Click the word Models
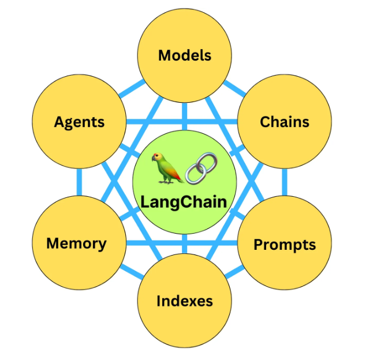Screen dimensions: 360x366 click(x=185, y=55)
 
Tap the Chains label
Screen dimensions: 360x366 click(x=285, y=122)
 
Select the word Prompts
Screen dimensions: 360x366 click(x=285, y=245)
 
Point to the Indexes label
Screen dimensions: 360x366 click(x=185, y=301)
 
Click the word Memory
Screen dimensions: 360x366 click(x=76, y=243)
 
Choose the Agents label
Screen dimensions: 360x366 click(x=79, y=122)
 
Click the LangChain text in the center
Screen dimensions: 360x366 click(x=184, y=202)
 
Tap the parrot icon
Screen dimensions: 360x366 click(x=164, y=168)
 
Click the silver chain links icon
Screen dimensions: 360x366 click(x=199, y=168)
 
